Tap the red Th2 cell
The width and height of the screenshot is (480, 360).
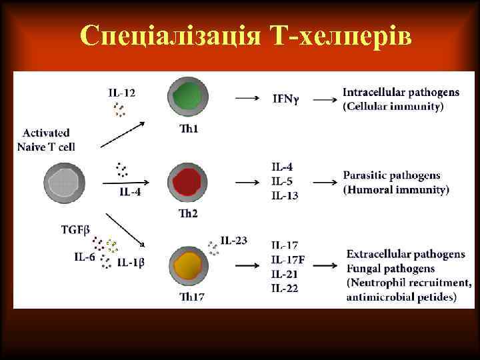coord(187,182)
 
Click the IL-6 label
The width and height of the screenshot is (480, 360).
coord(85,257)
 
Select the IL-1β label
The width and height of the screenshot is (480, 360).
coord(131,263)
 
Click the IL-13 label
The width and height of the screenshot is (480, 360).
coord(285,195)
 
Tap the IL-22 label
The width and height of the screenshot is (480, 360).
coord(285,288)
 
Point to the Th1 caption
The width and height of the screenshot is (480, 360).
coord(189,129)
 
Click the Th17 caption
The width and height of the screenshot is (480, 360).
coord(191,297)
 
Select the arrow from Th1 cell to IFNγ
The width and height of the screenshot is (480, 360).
coord(247,98)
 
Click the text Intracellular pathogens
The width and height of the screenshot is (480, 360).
coord(401,92)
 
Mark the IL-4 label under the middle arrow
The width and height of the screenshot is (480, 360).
coord(131,193)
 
